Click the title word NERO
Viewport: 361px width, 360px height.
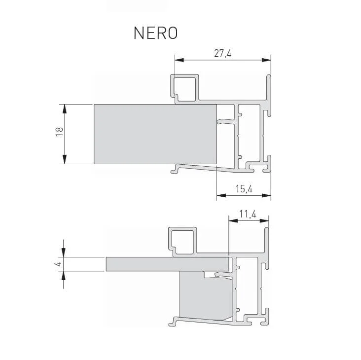tap(155, 33)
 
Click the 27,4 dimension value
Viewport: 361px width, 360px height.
tap(222, 54)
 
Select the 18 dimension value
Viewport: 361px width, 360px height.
tap(59, 132)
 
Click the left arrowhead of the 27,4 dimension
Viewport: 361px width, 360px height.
tap(179, 60)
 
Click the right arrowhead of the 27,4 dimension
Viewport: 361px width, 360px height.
tap(266, 60)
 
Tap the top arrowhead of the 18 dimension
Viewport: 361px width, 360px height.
tap(64, 108)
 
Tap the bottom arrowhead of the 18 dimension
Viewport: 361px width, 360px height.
tap(64, 159)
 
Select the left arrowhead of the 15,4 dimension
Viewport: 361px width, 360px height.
tap(221, 196)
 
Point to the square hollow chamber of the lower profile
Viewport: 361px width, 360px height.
tap(183, 241)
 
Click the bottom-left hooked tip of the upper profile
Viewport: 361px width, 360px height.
tap(175, 171)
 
